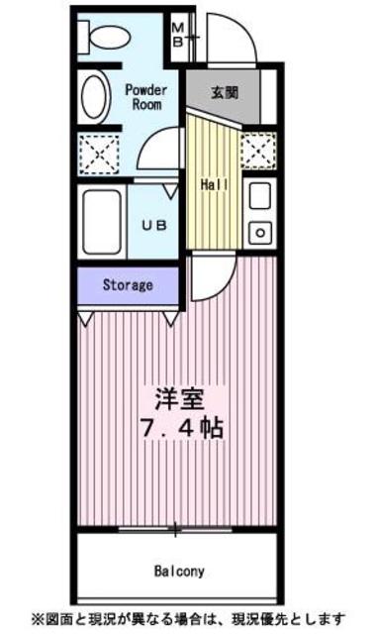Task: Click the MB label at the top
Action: pyautogui.click(x=177, y=34)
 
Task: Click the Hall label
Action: pyautogui.click(x=215, y=185)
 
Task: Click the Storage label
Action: pyautogui.click(x=128, y=285)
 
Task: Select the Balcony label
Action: pyautogui.click(x=178, y=571)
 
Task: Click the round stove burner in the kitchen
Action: pyautogui.click(x=260, y=234)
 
